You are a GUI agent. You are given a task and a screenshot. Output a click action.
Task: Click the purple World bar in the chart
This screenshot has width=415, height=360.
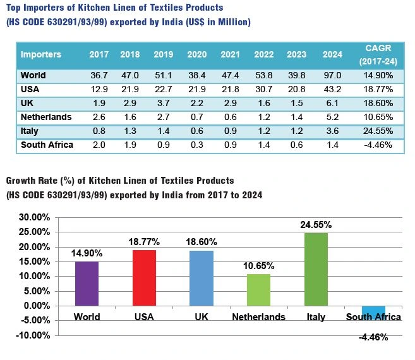[x=87, y=283]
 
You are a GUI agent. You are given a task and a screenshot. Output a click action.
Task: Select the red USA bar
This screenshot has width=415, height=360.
[x=145, y=277]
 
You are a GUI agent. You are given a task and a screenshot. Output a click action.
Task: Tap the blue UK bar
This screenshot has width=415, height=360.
[x=201, y=278]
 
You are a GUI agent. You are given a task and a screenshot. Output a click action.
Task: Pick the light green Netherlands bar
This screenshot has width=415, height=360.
[x=258, y=289]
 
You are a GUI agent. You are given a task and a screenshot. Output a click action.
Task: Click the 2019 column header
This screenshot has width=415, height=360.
[x=163, y=54]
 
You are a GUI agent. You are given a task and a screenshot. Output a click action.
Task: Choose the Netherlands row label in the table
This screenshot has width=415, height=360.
[x=46, y=117]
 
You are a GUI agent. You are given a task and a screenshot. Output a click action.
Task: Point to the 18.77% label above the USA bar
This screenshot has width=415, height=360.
[x=145, y=242]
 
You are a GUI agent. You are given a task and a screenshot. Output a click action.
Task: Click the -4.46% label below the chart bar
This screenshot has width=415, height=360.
[x=373, y=337]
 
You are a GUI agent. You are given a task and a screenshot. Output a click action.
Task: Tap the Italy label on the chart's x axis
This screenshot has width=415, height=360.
[x=316, y=317]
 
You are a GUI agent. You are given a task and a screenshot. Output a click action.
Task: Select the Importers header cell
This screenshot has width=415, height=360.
[x=41, y=54]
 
